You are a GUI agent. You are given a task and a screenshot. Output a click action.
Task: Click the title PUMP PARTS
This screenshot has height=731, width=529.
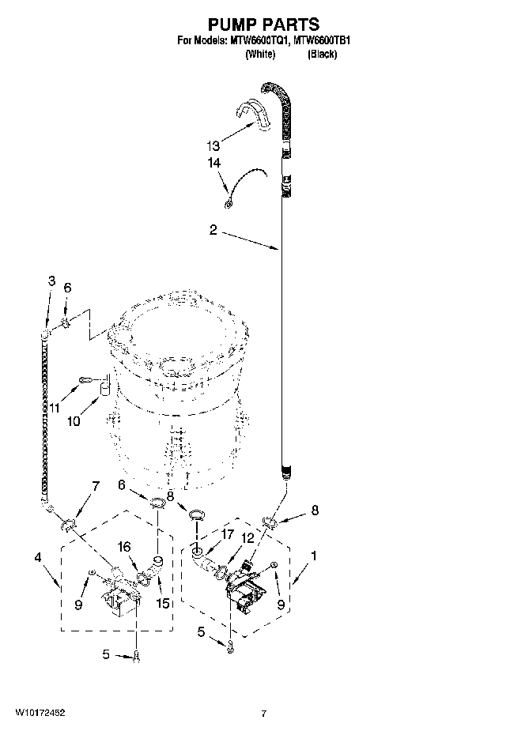point(263,25)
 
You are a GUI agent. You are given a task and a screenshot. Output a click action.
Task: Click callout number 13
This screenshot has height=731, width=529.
point(212,146)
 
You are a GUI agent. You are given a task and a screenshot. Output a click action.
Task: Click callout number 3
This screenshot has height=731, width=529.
point(51,280)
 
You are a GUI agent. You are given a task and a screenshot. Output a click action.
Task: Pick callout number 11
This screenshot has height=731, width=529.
point(55,407)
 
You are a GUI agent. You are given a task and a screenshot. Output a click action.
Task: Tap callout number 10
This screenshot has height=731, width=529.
point(74,421)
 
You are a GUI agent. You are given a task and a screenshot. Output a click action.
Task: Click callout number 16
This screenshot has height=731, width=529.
point(123,546)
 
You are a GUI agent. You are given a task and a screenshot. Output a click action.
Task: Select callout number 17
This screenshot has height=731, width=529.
point(228,535)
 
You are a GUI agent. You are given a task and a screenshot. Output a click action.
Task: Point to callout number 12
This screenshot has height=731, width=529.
point(247,538)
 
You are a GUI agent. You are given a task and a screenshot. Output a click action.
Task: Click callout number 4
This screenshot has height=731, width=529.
point(37,558)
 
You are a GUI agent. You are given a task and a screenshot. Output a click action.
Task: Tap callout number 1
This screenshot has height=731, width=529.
point(314,556)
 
